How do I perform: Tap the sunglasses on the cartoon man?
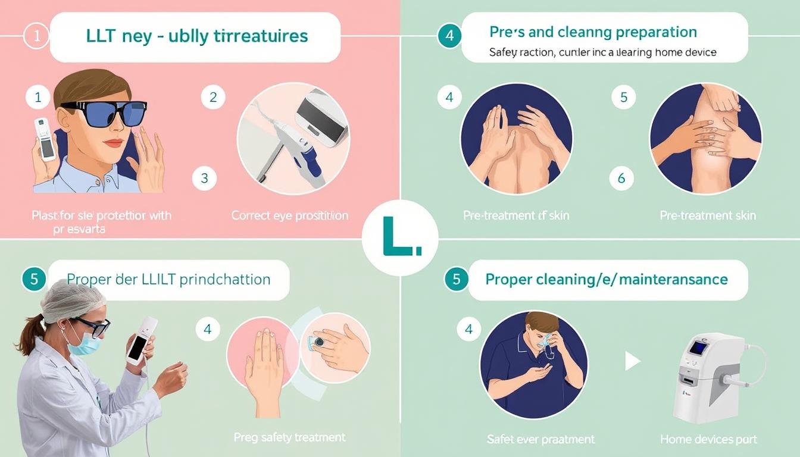point(98,114)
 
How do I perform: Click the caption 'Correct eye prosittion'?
point(290,215)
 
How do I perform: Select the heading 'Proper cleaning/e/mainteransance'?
point(607,279)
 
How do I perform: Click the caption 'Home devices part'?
point(708,439)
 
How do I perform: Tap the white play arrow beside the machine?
point(632,360)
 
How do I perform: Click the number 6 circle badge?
point(622,178)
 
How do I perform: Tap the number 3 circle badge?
point(205,178)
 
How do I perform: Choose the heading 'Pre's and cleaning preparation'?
point(593,32)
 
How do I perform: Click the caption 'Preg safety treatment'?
point(289,437)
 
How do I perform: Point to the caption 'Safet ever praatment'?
point(540,439)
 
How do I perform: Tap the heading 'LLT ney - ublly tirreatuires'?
point(197,36)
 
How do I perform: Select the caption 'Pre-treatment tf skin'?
point(516,215)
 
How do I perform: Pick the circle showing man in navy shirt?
point(533,364)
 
